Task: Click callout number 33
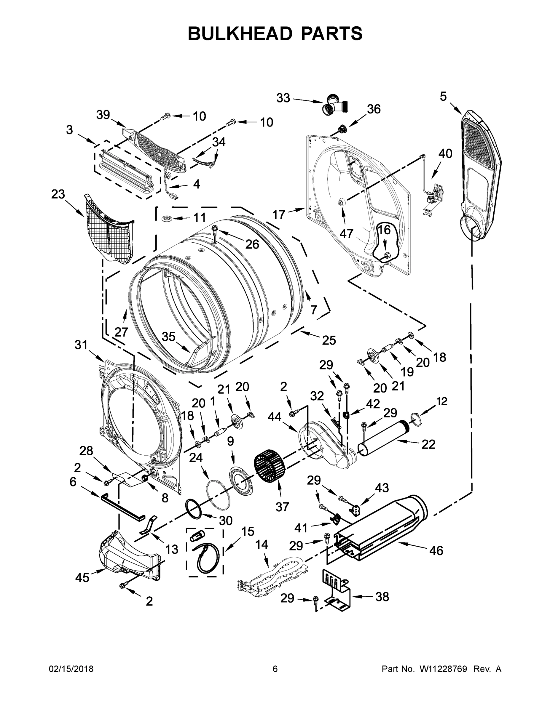click(x=283, y=98)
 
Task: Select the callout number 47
click(x=346, y=233)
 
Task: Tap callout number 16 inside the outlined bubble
click(x=385, y=230)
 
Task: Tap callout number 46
click(x=436, y=550)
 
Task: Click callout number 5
click(x=443, y=96)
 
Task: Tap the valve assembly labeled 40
click(x=434, y=195)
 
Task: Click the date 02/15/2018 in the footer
click(x=71, y=669)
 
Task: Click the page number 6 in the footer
click(x=275, y=669)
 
